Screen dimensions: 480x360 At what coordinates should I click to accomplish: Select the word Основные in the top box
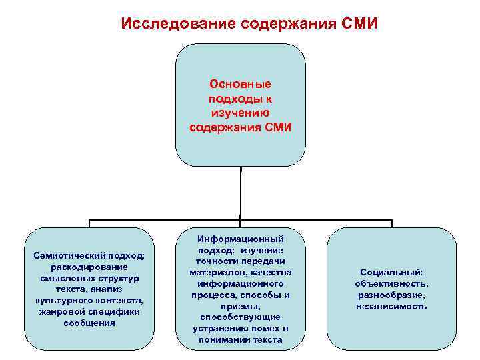click(240, 85)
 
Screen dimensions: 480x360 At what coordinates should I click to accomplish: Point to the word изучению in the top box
click(240, 113)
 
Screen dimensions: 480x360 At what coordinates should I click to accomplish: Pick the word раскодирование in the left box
click(89, 267)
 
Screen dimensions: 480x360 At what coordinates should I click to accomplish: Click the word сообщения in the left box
click(89, 323)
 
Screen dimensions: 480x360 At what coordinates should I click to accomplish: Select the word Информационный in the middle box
click(240, 239)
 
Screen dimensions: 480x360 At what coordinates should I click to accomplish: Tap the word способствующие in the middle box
click(240, 317)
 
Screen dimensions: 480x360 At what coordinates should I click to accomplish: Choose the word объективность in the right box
click(391, 284)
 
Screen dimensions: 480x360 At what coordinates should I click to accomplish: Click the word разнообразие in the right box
click(391, 295)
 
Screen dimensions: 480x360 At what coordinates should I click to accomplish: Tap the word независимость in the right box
click(391, 307)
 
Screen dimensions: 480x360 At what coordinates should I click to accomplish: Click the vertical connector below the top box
click(241, 193)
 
